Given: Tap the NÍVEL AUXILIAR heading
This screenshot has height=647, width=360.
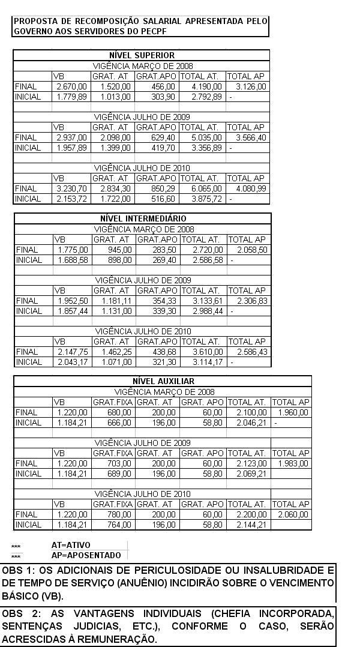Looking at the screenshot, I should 163,381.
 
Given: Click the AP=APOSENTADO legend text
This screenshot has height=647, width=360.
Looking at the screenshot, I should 86,555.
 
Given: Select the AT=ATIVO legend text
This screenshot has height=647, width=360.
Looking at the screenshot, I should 71,545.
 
